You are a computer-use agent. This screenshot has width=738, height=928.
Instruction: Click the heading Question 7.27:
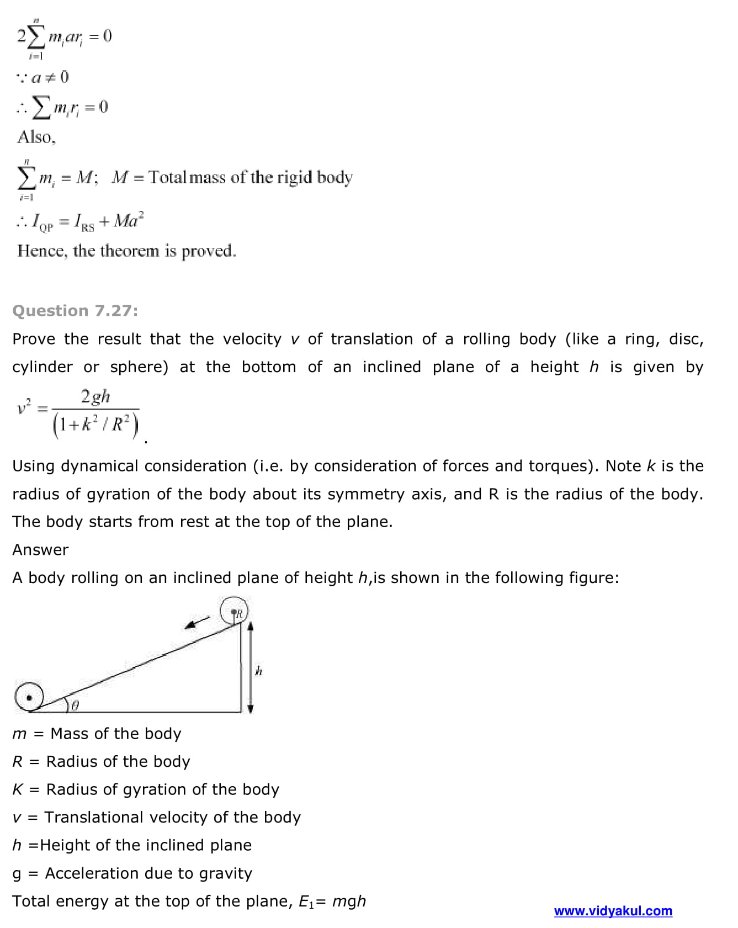(75, 311)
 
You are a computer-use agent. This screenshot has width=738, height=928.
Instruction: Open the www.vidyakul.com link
(613, 911)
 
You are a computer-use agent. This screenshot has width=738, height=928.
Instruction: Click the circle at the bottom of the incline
(29, 697)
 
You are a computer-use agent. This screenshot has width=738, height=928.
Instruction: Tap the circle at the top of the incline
(234, 611)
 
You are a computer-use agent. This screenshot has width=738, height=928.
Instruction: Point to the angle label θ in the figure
(75, 706)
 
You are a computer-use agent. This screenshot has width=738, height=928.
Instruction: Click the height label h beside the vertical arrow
(258, 671)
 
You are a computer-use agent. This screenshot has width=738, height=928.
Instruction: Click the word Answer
(40, 550)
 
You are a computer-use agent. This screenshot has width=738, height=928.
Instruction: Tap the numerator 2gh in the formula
(95, 396)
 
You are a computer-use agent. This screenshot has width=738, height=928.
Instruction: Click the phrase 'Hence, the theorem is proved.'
(126, 251)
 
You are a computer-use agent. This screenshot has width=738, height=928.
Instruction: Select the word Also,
(36, 137)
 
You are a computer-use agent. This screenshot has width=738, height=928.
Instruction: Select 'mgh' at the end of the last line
(349, 901)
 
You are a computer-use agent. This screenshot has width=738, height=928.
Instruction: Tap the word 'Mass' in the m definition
(70, 734)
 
